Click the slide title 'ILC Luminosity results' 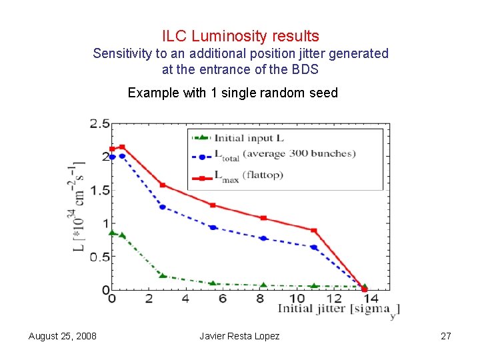pos(240,36)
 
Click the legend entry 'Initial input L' pos(248,138)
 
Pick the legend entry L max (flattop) pos(248,175)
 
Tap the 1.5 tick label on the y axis pos(100,191)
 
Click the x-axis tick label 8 pos(259,299)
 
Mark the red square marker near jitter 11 pos(314,231)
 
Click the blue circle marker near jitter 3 pos(162,207)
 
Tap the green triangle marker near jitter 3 pos(162,275)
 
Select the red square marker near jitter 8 pos(263,218)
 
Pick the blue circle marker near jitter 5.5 pos(213,227)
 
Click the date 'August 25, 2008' pos(62,336)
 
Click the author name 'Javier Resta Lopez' pos(239,336)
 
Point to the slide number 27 pos(446,336)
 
